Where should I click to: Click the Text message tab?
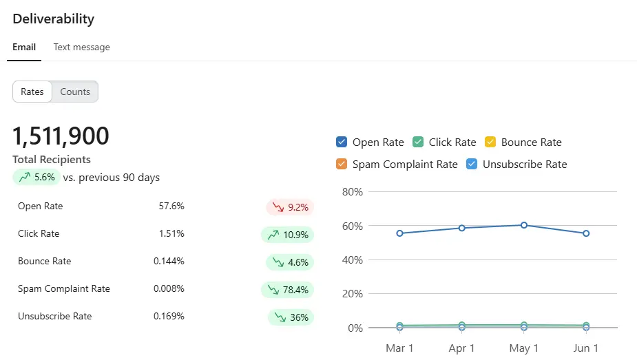(82, 47)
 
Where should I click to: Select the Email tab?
(24, 47)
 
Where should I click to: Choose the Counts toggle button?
(75, 92)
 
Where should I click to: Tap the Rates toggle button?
(32, 92)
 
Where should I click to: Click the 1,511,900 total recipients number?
(61, 136)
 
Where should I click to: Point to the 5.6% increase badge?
(36, 178)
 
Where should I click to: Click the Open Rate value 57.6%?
(171, 207)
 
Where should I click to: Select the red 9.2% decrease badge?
(290, 207)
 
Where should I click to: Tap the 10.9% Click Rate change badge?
(287, 235)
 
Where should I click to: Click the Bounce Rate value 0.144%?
(169, 262)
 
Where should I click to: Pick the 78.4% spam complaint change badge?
(287, 290)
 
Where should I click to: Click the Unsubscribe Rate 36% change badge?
(291, 317)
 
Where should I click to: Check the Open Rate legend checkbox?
(342, 142)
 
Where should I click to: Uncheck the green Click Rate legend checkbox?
(418, 142)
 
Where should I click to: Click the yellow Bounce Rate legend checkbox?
(490, 142)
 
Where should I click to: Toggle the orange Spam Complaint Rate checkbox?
(342, 164)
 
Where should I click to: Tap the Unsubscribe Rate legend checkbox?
(472, 164)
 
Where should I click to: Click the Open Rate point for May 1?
(524, 225)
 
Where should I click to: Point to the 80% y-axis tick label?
(352, 192)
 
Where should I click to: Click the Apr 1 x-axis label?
(461, 348)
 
